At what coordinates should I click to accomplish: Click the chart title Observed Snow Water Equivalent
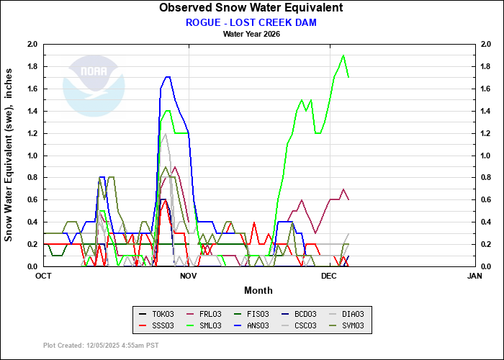[x=251, y=8]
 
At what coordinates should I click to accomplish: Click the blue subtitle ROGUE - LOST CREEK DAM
[x=251, y=22]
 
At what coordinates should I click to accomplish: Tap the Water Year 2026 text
[x=251, y=33]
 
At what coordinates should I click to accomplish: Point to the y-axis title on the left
[x=10, y=155]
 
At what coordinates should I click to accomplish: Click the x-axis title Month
[x=258, y=290]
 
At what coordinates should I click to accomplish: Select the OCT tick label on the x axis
[x=43, y=276]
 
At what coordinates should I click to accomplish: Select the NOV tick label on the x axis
[x=188, y=276]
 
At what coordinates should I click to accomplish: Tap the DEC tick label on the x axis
[x=329, y=276]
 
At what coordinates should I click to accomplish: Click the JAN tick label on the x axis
[x=474, y=276]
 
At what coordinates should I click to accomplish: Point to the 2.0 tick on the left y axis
[x=32, y=44]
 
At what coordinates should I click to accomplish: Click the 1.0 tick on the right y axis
[x=486, y=156]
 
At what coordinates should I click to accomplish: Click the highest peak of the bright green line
[x=343, y=55]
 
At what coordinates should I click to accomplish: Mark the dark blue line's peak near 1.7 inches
[x=168, y=77]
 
